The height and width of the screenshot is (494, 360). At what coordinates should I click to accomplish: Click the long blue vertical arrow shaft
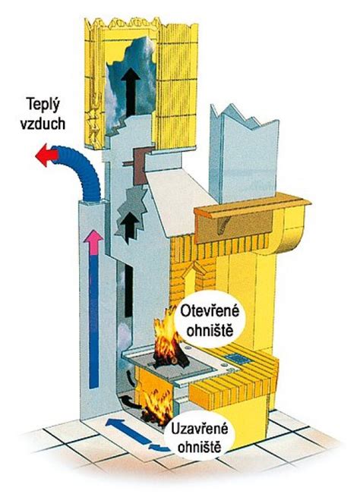(x=93, y=319)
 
